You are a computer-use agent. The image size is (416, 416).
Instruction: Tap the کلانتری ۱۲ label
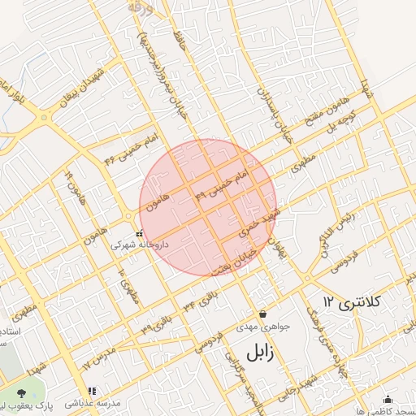point(352,301)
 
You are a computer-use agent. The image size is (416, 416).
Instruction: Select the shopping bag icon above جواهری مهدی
point(262,314)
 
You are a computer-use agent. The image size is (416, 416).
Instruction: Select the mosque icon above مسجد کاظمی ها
point(387,399)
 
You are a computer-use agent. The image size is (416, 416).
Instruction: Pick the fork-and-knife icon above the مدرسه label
point(92,392)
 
